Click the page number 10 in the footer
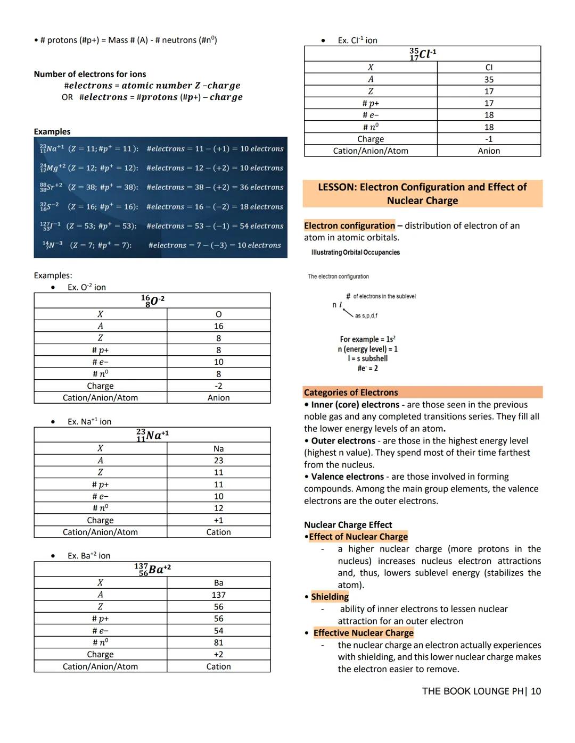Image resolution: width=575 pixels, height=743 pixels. (536, 691)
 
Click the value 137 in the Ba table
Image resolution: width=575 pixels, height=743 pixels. (218, 595)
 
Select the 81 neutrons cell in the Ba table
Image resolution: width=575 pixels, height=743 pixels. (218, 642)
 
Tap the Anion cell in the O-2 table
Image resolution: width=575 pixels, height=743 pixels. (218, 398)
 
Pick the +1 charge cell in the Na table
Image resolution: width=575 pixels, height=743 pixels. (218, 520)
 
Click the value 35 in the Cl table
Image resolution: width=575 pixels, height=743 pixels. (489, 79)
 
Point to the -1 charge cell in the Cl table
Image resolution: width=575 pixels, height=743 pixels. (489, 139)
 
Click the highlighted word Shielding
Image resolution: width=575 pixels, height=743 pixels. (330, 597)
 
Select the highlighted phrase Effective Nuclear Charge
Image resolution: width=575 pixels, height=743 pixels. (363, 633)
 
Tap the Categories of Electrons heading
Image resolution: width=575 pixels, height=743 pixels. (351, 393)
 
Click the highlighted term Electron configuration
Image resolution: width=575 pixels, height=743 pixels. (349, 226)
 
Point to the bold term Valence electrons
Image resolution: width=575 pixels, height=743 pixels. (347, 477)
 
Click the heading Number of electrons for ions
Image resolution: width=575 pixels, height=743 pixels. (89, 74)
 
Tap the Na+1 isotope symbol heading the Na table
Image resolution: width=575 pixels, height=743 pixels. (152, 435)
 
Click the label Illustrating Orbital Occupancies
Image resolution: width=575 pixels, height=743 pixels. (355, 253)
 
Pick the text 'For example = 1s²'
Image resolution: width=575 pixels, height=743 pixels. (367, 339)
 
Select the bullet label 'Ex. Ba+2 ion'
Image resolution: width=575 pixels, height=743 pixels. (89, 556)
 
